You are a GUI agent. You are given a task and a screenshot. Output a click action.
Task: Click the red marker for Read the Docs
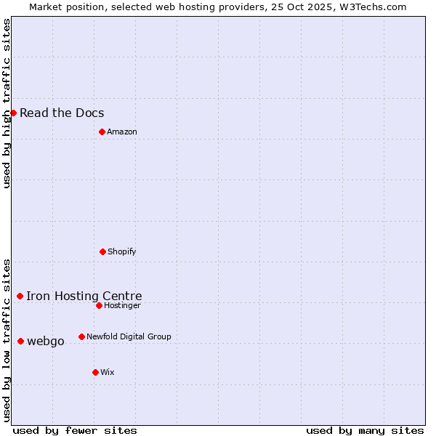click(13, 113)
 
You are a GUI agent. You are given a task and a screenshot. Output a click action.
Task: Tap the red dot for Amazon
click(102, 132)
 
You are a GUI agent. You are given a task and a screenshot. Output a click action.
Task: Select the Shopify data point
click(102, 251)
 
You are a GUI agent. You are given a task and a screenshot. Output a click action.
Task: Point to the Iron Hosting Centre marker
click(20, 296)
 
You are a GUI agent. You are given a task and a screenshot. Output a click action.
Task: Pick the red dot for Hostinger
click(99, 305)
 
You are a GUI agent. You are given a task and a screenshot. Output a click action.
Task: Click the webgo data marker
click(20, 341)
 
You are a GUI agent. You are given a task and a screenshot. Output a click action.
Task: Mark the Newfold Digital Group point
click(81, 336)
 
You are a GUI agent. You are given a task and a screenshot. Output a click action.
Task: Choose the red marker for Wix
click(95, 372)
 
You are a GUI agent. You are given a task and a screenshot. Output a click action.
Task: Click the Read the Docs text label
click(62, 113)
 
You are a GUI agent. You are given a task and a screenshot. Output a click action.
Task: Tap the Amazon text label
click(122, 132)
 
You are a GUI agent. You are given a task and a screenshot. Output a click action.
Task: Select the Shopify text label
click(122, 251)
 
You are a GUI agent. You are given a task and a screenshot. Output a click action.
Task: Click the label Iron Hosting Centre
click(84, 296)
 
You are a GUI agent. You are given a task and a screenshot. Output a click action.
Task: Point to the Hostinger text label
click(122, 305)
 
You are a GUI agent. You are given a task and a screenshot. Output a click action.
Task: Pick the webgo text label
click(46, 341)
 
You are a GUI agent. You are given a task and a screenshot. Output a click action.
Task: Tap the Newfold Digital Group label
click(129, 336)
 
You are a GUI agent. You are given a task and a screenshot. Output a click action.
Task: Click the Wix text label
click(108, 372)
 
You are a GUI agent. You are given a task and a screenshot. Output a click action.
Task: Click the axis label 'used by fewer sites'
click(75, 430)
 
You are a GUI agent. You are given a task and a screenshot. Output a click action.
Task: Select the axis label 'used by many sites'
click(365, 430)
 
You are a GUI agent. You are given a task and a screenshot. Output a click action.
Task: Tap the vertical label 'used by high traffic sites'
click(7, 103)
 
